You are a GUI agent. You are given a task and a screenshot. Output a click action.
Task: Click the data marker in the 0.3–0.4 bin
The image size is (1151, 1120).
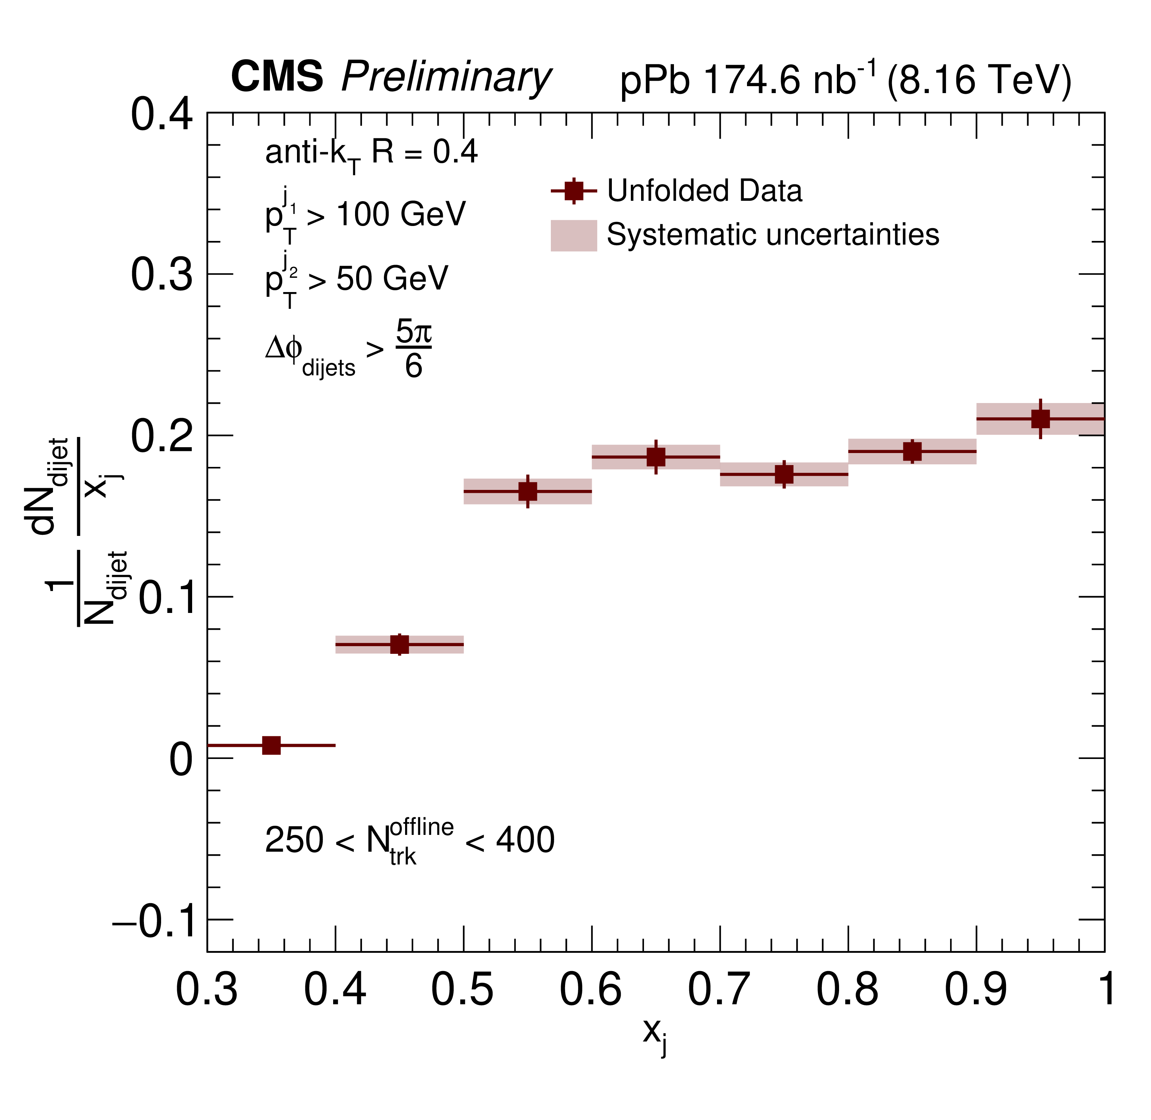click(271, 745)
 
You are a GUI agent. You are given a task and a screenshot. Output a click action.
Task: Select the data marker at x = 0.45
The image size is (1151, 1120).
click(400, 645)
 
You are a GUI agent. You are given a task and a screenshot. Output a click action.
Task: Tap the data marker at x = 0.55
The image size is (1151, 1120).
click(528, 491)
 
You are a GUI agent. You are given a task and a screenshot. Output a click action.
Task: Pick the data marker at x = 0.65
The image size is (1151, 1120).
click(656, 457)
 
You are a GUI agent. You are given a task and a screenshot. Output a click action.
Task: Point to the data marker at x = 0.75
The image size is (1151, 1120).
click(784, 474)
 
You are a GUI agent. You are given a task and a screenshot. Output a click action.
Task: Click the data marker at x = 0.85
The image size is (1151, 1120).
click(912, 452)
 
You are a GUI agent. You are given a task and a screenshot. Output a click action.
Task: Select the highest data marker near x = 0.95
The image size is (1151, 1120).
click(1040, 419)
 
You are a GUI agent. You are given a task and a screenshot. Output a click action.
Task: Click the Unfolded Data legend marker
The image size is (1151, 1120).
click(574, 191)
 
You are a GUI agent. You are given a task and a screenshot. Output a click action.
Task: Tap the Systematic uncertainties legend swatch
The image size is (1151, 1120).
click(574, 235)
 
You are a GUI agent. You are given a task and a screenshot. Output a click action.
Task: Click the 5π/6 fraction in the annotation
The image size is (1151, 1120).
click(413, 349)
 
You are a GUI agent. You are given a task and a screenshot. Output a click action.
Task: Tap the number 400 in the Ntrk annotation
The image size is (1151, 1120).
click(525, 840)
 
